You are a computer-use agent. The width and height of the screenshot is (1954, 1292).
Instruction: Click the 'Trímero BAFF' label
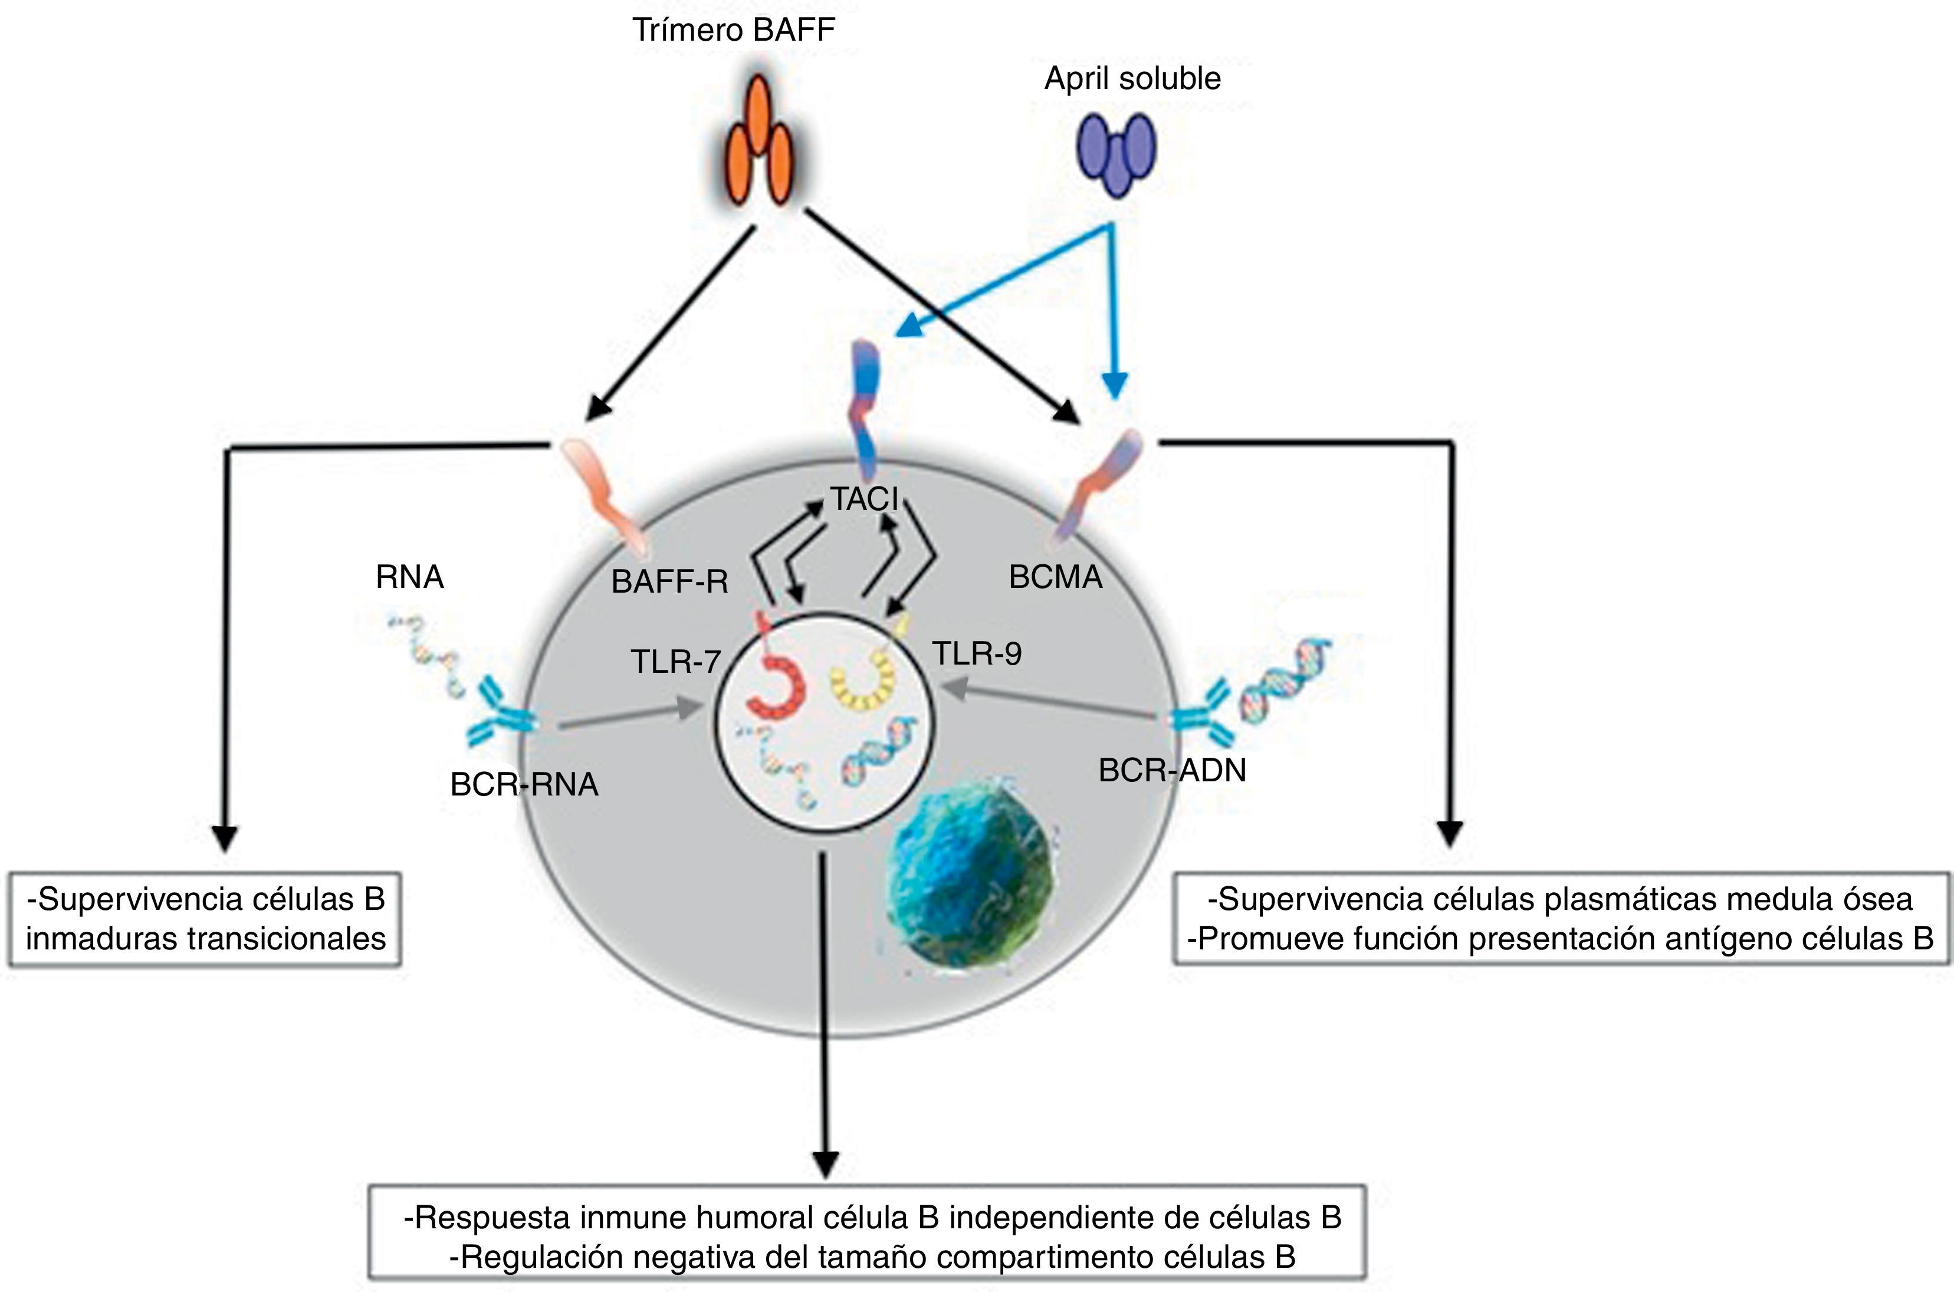coord(734,31)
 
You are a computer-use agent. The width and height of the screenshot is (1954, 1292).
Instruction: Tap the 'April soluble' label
coord(1132,79)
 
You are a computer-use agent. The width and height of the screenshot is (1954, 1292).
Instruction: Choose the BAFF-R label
coord(669,583)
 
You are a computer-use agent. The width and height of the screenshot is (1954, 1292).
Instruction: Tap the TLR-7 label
coord(676,661)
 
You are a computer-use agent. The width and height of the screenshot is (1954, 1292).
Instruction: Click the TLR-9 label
coord(977,653)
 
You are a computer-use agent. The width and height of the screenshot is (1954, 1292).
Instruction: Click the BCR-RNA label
coord(524,784)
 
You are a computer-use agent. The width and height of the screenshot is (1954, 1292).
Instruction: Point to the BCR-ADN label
coord(1172,770)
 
